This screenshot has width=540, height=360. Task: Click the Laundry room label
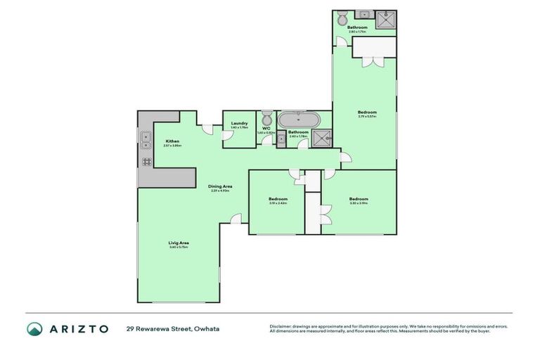click(239, 124)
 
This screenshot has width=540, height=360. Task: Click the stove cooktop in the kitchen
click(147, 161)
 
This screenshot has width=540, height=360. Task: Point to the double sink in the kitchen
click(146, 141)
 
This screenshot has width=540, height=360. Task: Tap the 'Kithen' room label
click(172, 141)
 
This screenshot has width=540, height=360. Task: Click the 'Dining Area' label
click(220, 186)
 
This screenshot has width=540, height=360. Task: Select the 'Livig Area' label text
click(179, 243)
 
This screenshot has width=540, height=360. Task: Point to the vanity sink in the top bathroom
click(364, 14)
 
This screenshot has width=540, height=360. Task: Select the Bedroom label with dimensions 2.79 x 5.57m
click(367, 112)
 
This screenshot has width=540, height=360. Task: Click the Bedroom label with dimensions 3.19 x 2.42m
click(278, 199)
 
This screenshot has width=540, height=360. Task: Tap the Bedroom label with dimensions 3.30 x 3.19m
click(359, 199)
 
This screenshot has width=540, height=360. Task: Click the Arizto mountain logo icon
click(35, 329)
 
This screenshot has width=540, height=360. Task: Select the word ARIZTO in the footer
click(78, 329)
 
